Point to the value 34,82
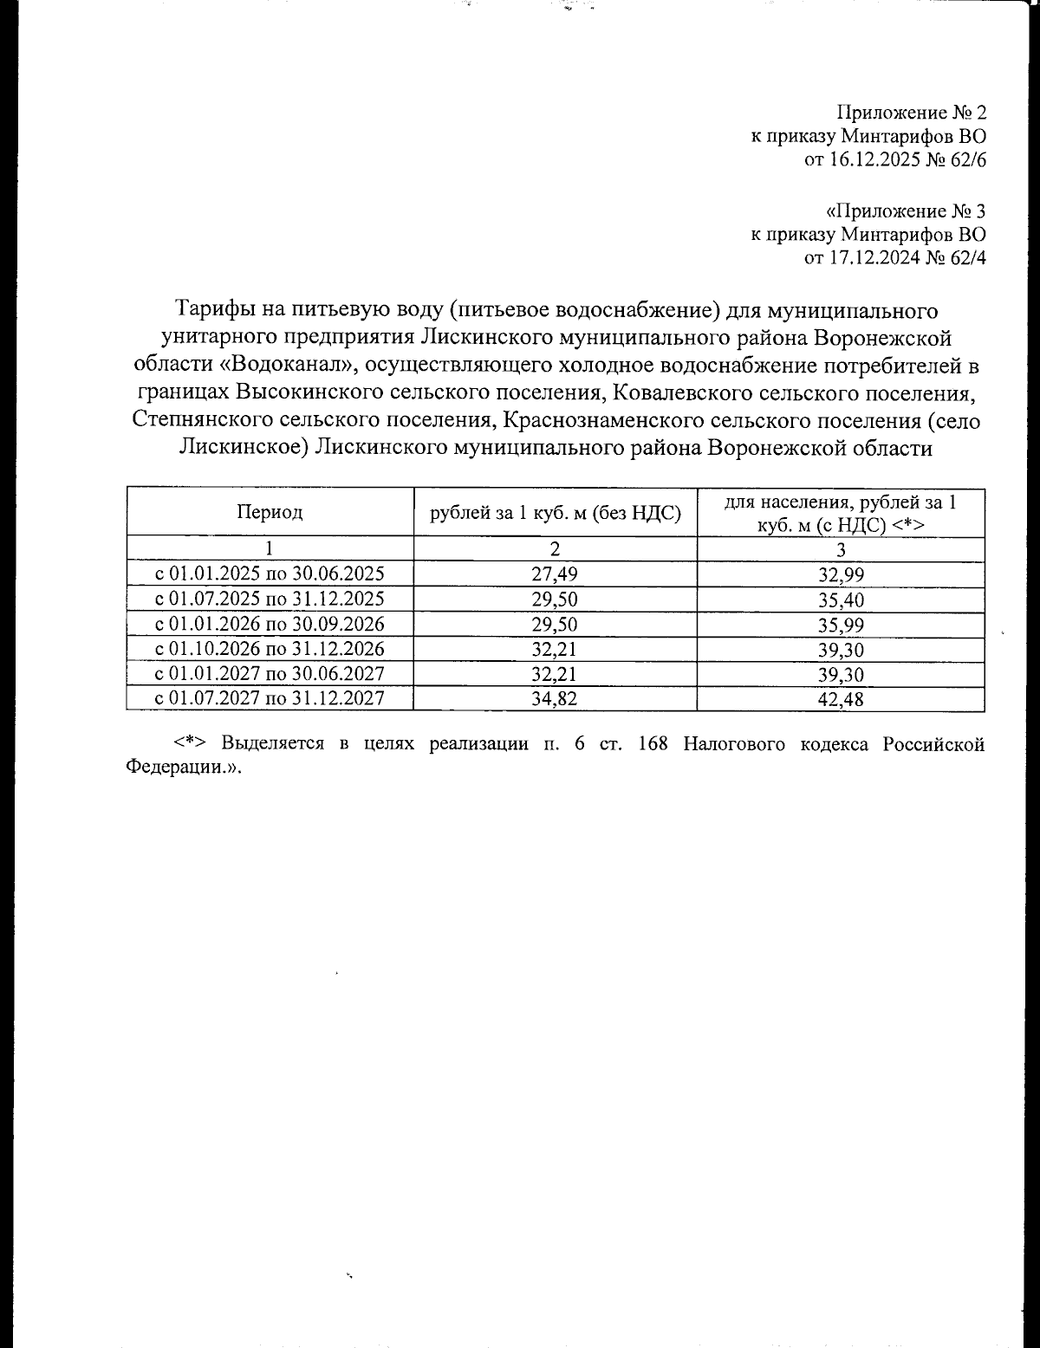click(x=555, y=699)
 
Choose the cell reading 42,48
click(x=841, y=699)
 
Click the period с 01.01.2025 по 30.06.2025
click(x=270, y=574)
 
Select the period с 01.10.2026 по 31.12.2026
click(x=270, y=649)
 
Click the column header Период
click(x=270, y=512)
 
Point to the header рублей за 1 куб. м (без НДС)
click(x=555, y=512)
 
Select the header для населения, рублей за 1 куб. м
click(x=841, y=512)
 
